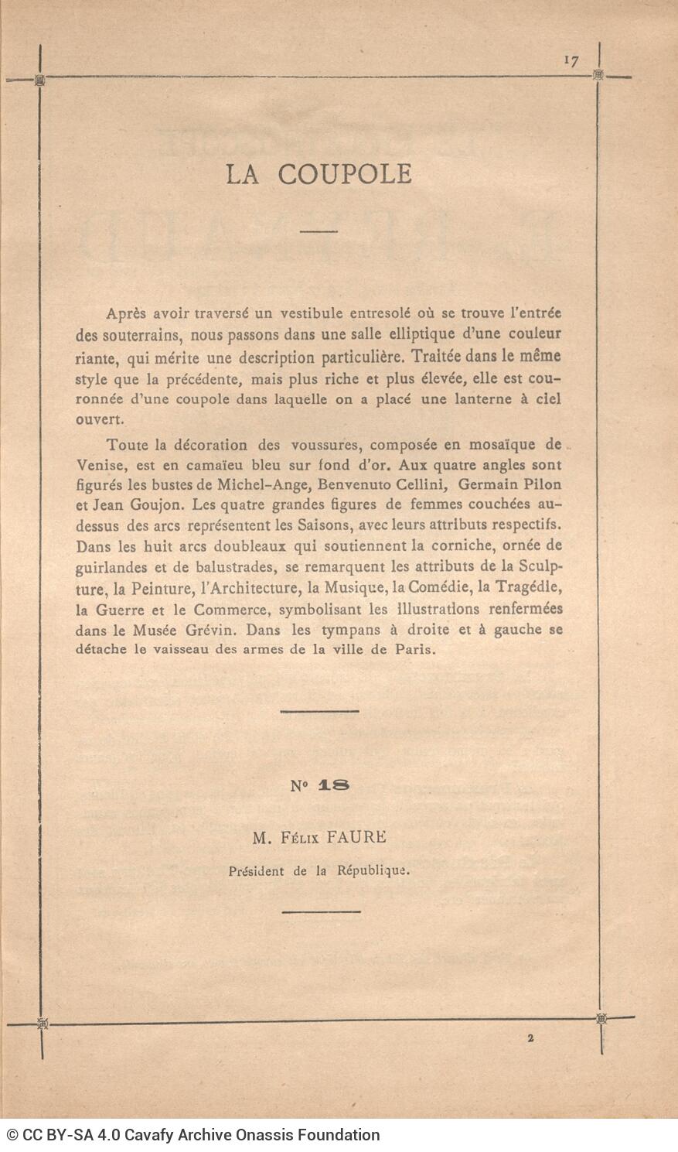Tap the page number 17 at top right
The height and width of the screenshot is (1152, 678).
[x=571, y=61]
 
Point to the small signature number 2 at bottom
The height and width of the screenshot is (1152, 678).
[x=531, y=1040]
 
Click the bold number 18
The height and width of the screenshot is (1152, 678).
[x=333, y=785]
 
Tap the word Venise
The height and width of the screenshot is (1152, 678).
[x=97, y=465]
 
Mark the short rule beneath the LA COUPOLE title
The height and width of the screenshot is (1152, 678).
[x=319, y=231]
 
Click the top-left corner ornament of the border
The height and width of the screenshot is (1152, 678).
[x=40, y=80]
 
